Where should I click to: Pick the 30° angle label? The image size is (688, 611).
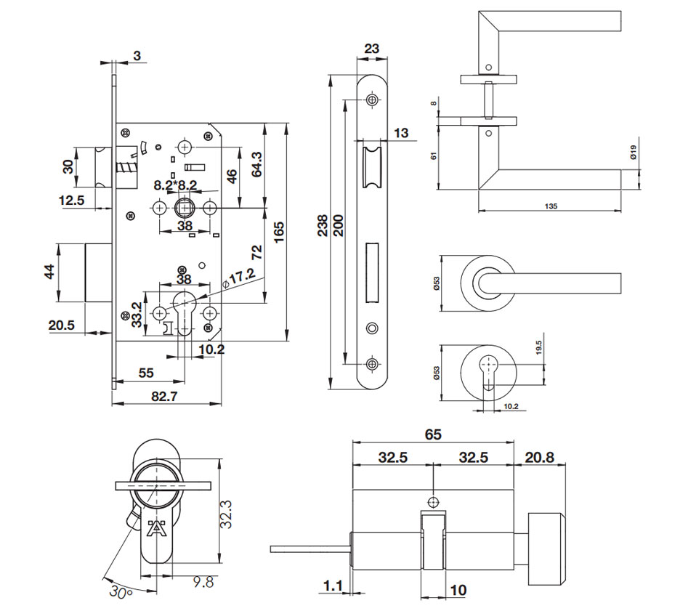(120, 592)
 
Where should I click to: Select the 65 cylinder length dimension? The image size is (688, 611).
(433, 434)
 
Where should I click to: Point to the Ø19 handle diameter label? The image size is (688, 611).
(634, 152)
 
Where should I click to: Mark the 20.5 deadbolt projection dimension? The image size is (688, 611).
(62, 325)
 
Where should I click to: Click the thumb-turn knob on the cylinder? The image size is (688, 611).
(546, 546)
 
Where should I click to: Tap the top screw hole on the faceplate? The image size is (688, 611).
(373, 100)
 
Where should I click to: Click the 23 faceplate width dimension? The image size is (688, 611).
(371, 49)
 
